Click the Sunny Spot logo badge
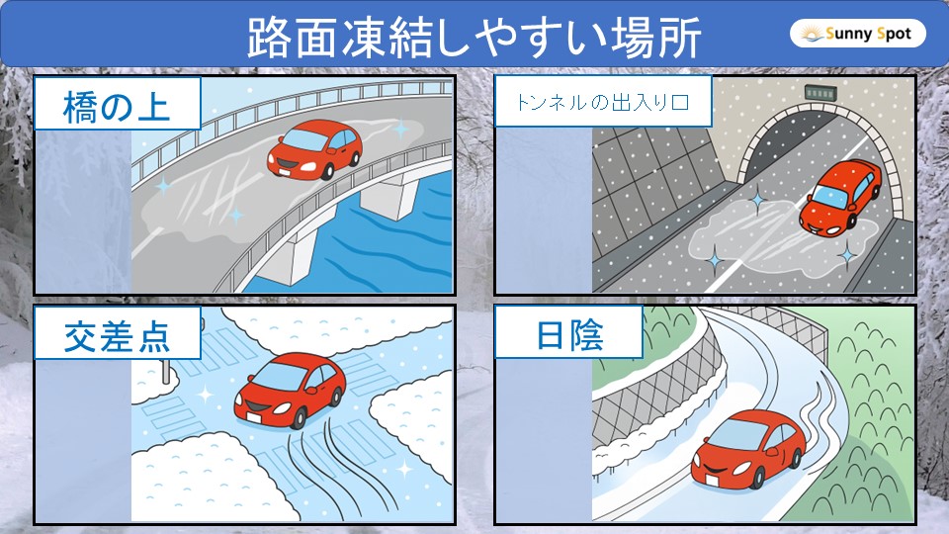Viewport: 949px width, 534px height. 858,35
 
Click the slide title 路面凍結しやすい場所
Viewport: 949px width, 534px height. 474,37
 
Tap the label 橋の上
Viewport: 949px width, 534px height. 118,104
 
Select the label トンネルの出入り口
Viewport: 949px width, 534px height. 602,102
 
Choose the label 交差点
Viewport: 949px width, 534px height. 117,335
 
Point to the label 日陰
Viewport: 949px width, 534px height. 568,336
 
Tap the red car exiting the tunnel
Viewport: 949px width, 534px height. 841,197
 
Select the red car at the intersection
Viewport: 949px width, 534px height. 289,387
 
